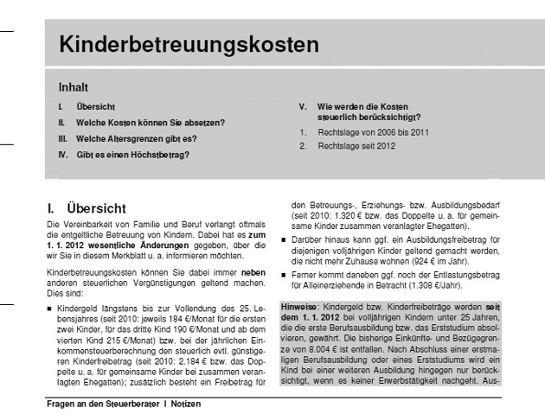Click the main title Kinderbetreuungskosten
pyautogui.click(x=189, y=44)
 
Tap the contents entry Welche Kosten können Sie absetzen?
pyautogui.click(x=150, y=123)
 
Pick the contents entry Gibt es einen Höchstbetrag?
pyautogui.click(x=132, y=155)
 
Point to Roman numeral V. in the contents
pyautogui.click(x=303, y=105)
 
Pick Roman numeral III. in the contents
pyautogui.click(x=61, y=138)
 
